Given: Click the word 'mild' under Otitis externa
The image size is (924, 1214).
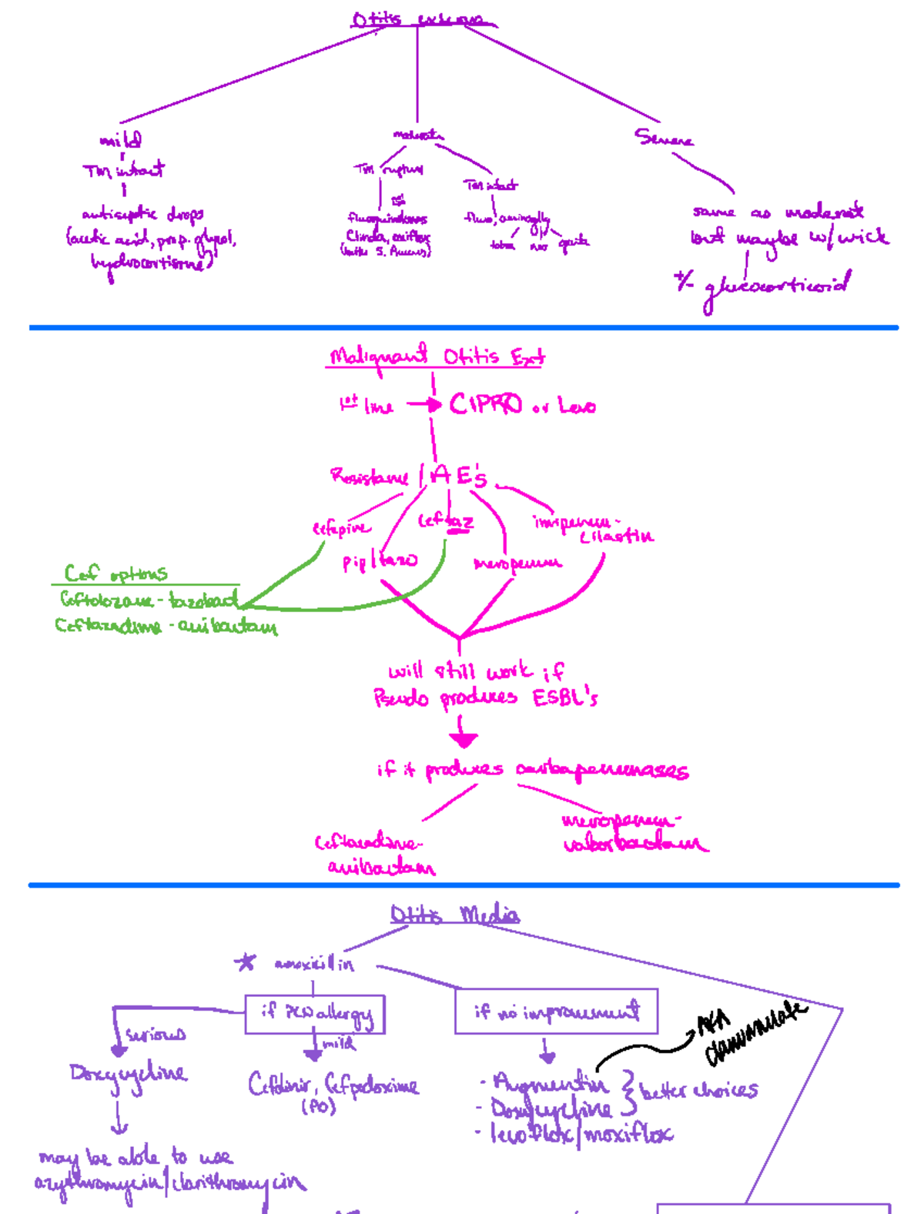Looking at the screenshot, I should (121, 140).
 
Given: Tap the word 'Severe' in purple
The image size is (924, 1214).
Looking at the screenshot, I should (663, 139).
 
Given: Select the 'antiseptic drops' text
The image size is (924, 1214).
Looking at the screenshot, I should (142, 214).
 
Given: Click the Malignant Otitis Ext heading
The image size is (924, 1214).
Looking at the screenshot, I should (436, 357).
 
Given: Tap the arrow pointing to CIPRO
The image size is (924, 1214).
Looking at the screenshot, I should (424, 404).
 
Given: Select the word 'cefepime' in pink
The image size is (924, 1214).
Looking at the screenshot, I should (341, 528).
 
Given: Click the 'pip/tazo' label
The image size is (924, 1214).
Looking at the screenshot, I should (380, 561).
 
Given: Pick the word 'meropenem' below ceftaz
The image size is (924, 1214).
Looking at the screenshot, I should (517, 564).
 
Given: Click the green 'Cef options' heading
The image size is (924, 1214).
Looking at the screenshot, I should (115, 574).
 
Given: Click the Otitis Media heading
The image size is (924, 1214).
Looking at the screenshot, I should (454, 915).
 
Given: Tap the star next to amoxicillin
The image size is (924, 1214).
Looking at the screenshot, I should (246, 962).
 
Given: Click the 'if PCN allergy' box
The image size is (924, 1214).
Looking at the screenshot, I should (315, 1014).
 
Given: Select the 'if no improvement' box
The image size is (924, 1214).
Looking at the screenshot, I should (556, 1011).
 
